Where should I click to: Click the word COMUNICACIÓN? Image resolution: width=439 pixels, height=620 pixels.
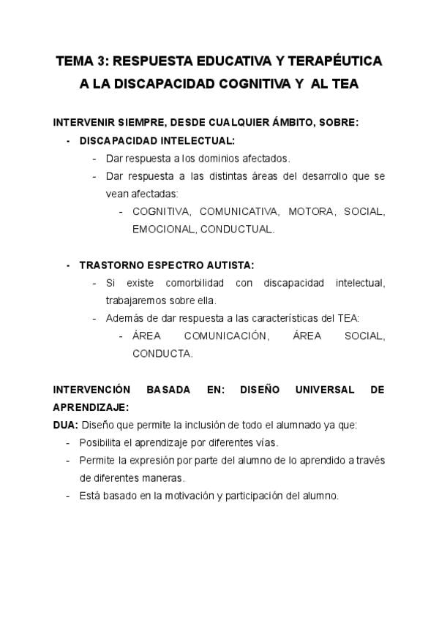(x=226, y=336)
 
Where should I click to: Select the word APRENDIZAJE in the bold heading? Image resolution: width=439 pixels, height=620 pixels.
(x=91, y=407)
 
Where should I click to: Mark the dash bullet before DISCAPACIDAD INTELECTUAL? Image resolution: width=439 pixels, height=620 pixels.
(x=68, y=140)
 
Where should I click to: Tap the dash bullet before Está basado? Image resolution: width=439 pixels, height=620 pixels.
(x=68, y=496)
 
